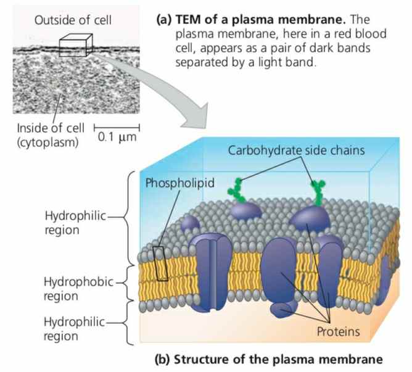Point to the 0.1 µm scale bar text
(117, 137)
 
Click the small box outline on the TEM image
(75, 46)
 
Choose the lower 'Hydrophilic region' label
(70, 328)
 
